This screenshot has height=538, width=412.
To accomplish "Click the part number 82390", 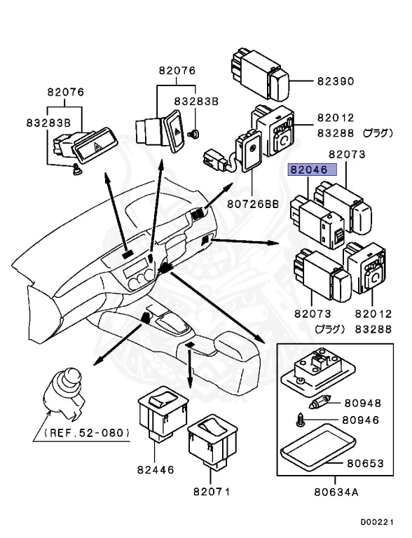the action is [335, 81].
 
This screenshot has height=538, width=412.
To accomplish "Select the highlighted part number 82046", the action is [309, 170].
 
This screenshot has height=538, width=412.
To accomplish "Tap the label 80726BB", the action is [253, 204].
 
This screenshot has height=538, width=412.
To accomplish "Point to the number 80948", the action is [362, 403].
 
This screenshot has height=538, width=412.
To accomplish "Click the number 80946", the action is [360, 420].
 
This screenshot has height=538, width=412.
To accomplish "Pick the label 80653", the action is [365, 463].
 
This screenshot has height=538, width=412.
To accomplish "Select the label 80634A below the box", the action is [336, 492].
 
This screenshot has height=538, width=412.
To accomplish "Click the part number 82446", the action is [156, 469].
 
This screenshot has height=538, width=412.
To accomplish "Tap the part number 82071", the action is [212, 491].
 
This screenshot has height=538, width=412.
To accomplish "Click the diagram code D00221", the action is [376, 522].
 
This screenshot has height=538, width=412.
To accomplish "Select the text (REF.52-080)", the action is [86, 432].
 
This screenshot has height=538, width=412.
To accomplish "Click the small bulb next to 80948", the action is [320, 402].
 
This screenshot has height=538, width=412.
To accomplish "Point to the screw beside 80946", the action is [300, 420].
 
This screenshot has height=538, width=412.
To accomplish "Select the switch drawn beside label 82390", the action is [259, 75].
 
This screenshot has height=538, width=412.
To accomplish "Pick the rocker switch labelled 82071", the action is [213, 441].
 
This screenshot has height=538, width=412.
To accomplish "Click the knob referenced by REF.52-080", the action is [64, 394].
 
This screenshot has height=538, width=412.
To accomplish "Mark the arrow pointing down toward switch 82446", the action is [189, 367].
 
